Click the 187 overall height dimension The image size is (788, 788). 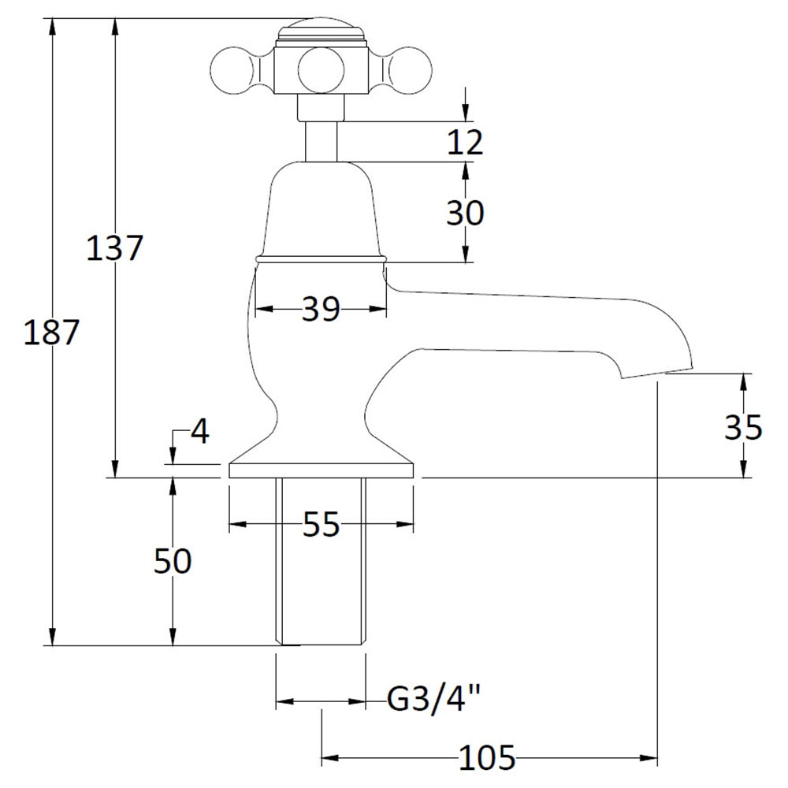click(51, 333)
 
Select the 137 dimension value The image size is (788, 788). click(114, 247)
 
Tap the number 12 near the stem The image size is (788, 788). click(465, 142)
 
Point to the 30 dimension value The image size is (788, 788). click(465, 213)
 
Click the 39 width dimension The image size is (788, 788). click(321, 309)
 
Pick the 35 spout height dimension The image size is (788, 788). click(743, 427)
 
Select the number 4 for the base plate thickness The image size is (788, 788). click(200, 431)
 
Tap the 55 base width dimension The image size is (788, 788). click(322, 525)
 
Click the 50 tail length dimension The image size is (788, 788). click(173, 561)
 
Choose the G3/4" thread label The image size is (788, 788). click(433, 699)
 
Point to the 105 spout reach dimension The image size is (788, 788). click(488, 757)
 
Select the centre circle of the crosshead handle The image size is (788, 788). click(322, 71)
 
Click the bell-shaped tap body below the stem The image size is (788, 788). click(322, 211)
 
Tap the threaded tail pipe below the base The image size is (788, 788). click(322, 561)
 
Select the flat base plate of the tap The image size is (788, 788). click(322, 470)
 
